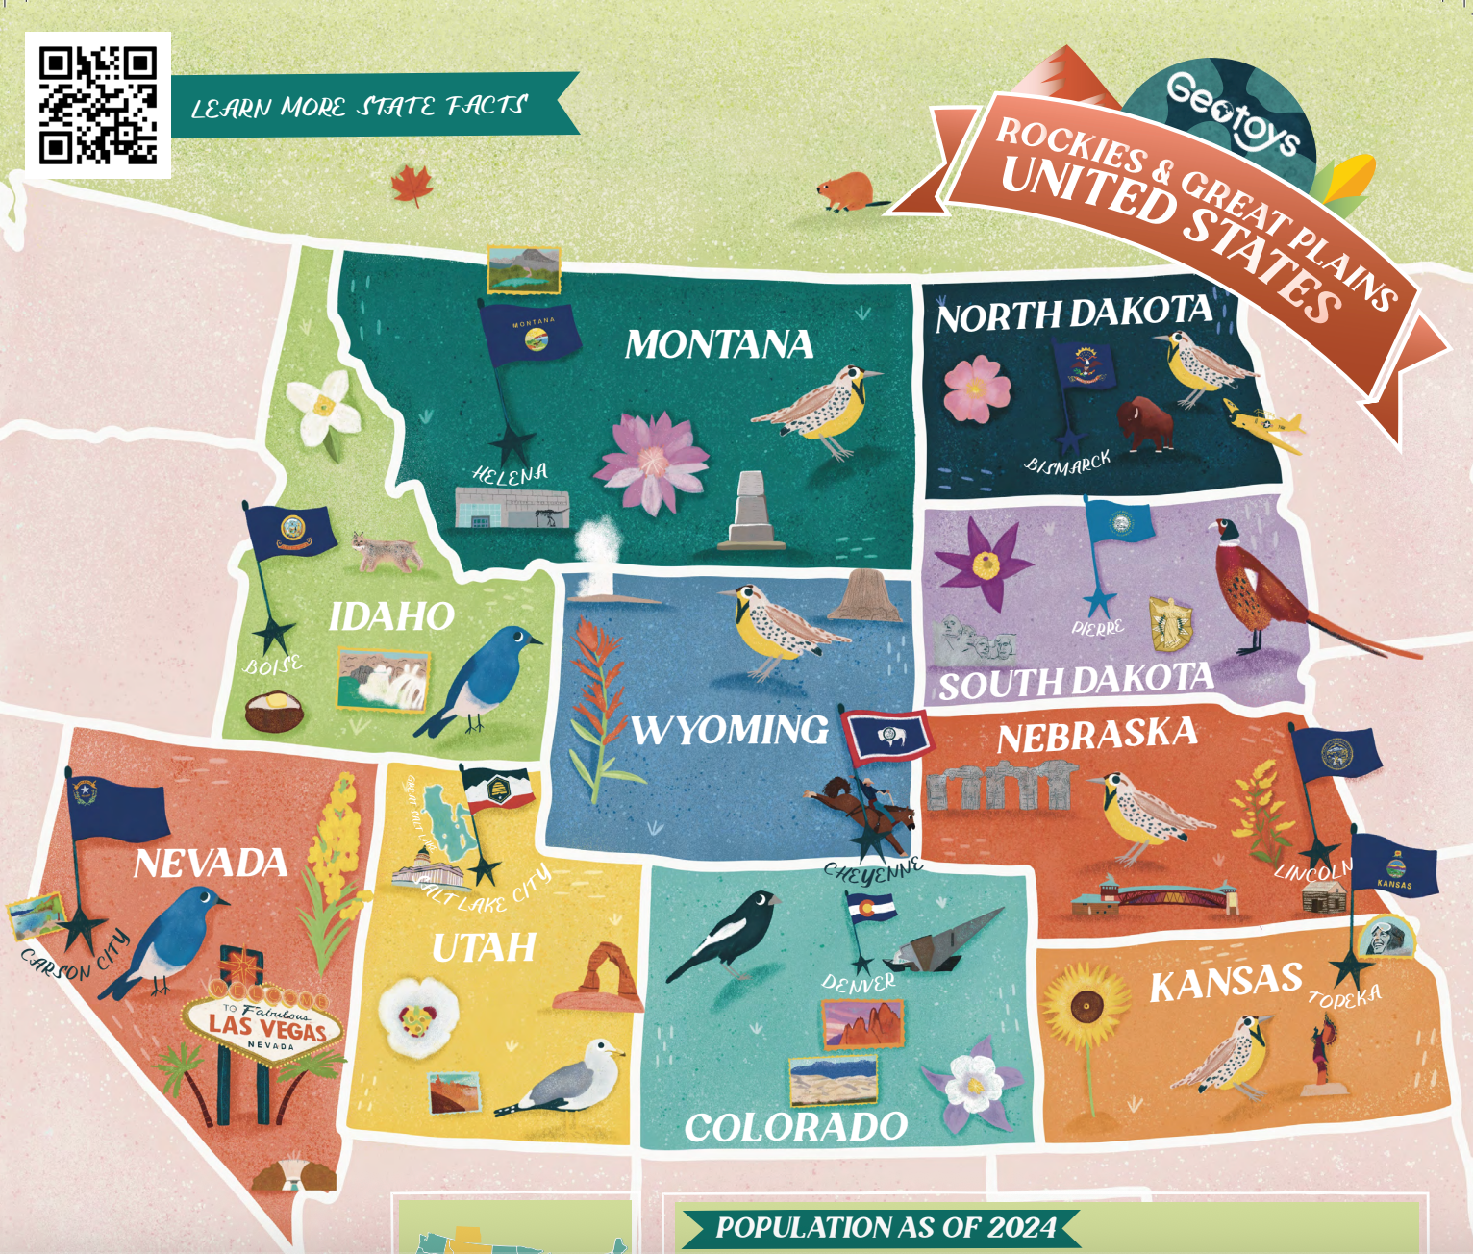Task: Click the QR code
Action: (98, 105)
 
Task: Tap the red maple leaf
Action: (412, 184)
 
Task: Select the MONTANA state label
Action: (719, 344)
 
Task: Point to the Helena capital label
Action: (510, 473)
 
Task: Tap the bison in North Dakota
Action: (1146, 424)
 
